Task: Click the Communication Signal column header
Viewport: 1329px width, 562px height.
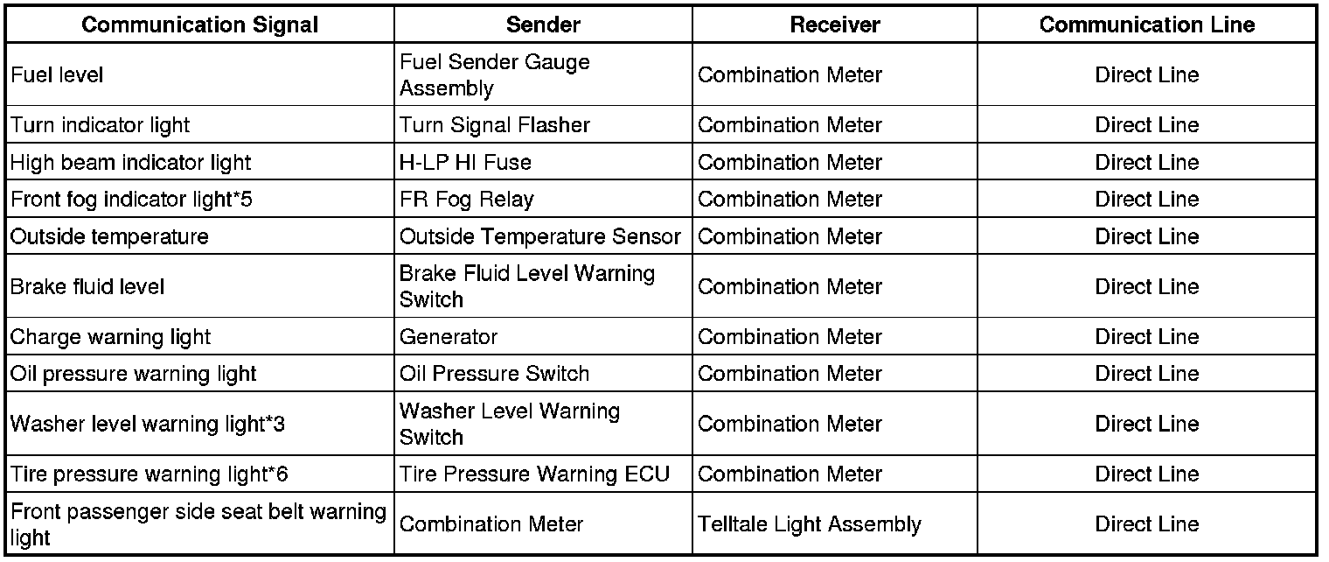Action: [200, 25]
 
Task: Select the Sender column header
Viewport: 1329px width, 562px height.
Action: [543, 25]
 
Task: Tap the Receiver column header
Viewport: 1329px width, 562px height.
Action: [835, 25]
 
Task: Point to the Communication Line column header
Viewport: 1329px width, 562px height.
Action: [1146, 25]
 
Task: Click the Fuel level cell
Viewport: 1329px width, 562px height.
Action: [57, 75]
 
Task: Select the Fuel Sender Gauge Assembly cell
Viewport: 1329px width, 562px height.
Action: [494, 75]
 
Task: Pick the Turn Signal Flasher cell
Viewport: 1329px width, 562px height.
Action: [494, 125]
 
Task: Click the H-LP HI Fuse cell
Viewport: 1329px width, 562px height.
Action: [465, 163]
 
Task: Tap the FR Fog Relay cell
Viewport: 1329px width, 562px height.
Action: [466, 200]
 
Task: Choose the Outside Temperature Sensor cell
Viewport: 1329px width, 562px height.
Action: [539, 236]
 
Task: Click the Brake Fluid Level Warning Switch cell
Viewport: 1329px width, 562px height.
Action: [526, 286]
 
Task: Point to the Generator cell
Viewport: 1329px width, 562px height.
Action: [449, 337]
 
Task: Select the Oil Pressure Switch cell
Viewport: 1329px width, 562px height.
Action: [494, 374]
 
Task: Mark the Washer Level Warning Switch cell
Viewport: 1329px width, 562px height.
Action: [510, 424]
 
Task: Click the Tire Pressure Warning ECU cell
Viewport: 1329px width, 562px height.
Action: [534, 474]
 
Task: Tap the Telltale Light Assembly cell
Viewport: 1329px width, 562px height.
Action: [809, 524]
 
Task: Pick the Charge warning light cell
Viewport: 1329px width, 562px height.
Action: [110, 337]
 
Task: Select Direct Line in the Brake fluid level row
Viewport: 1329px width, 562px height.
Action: [1146, 286]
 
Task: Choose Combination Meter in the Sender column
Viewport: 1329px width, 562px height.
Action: [491, 524]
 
